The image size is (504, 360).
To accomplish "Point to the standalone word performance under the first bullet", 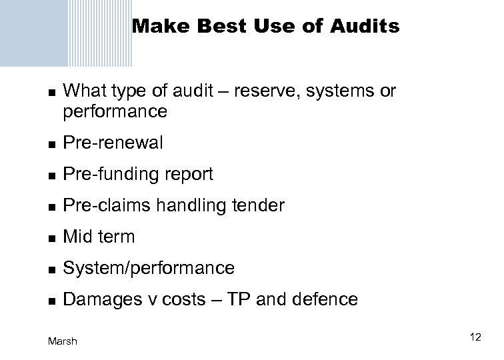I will [115, 111].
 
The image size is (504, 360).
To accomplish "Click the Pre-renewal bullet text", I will [113, 143].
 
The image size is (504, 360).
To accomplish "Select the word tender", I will [260, 206].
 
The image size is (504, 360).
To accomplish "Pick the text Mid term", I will [99, 237].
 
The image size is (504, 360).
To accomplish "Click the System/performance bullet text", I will [148, 269].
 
